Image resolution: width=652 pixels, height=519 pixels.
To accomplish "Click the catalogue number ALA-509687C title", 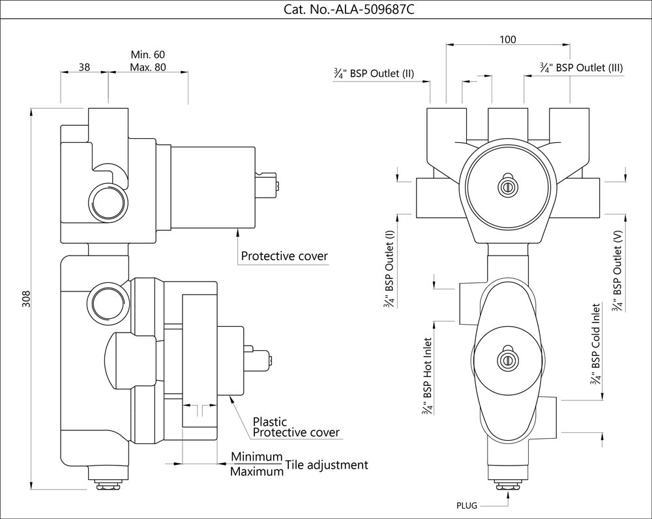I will (x=349, y=10).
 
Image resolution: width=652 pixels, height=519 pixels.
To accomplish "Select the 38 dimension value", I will (x=84, y=67).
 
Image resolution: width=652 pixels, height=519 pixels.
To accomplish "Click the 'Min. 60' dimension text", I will (x=148, y=53).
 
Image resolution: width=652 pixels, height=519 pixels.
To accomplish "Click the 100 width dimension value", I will (x=507, y=40).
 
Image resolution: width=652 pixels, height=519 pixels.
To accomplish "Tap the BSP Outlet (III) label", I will (x=582, y=68).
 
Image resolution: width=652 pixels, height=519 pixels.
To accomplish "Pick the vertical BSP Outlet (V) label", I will (x=618, y=269).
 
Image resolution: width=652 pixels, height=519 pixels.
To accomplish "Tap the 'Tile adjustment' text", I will (x=327, y=465).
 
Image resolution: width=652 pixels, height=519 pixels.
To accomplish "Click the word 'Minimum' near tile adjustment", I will (x=257, y=456).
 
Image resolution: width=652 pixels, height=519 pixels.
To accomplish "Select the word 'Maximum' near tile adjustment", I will (x=257, y=471).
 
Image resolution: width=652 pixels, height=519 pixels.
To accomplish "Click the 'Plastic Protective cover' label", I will (x=295, y=428).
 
